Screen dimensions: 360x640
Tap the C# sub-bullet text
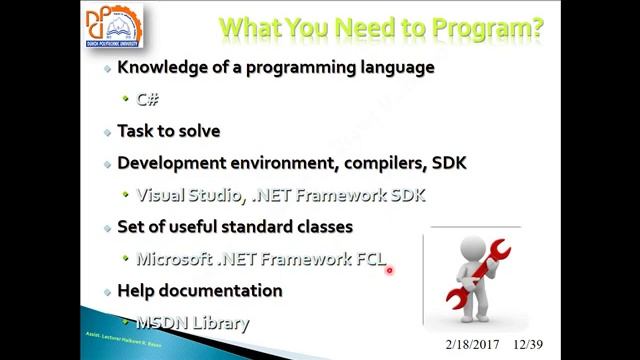pos(147,99)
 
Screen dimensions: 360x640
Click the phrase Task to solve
pos(168,131)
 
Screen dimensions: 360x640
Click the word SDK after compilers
pos(449,163)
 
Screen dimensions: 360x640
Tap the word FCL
pos(371,259)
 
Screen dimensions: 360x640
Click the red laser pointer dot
pos(389,268)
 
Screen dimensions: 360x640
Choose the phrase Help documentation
pos(199,290)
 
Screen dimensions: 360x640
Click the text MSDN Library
pos(192,322)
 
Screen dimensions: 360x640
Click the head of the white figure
pos(474,247)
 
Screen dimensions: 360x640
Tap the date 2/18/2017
pos(472,344)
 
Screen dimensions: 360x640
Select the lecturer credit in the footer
pos(124,341)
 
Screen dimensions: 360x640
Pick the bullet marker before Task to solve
pos(108,132)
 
